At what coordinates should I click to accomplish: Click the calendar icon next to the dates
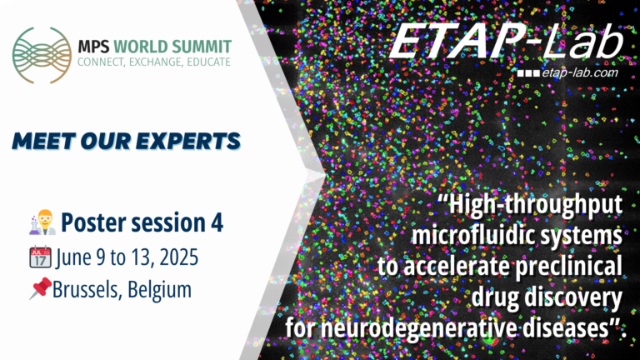point(39,257)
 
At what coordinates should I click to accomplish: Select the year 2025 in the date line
point(176,257)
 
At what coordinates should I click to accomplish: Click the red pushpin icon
point(39,290)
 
